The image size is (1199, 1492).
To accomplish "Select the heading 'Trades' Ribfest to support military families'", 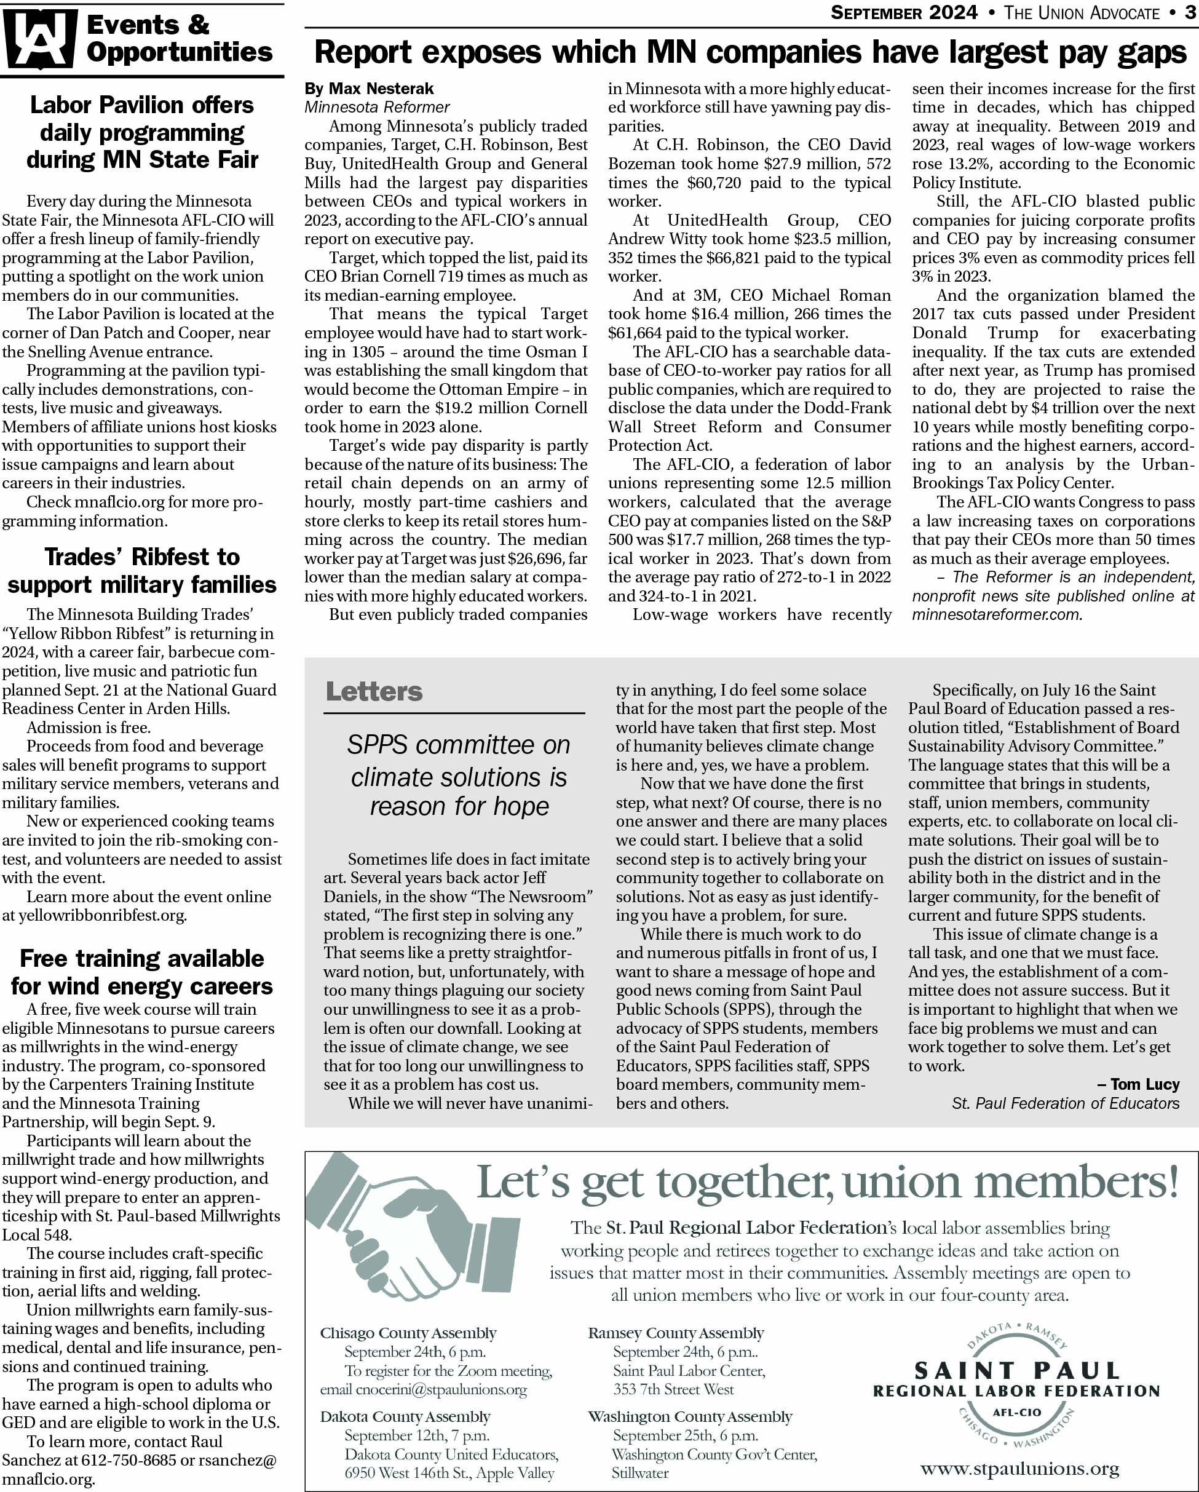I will point(142,570).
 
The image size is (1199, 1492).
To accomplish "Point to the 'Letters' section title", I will point(374,691).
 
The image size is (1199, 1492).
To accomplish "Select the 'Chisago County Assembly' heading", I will point(408,1333).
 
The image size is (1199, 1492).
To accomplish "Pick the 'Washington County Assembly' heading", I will point(690,1416).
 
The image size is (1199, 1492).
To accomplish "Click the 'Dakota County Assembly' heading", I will point(405,1416).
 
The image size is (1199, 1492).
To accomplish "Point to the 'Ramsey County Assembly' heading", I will point(676,1333).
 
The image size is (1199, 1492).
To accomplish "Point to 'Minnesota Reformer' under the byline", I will point(377,107).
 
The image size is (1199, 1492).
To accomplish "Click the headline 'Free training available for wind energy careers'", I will point(142,972).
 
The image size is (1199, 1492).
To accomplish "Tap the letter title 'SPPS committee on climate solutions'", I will point(459,761).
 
